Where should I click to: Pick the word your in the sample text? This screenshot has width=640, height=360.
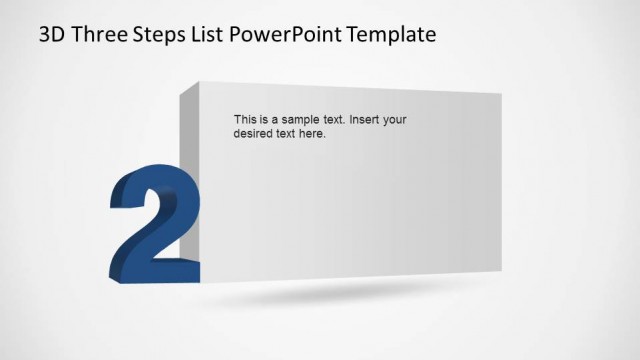click(396, 119)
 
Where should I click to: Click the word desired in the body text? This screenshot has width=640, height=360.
click(254, 133)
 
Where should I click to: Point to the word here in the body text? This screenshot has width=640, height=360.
click(312, 133)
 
